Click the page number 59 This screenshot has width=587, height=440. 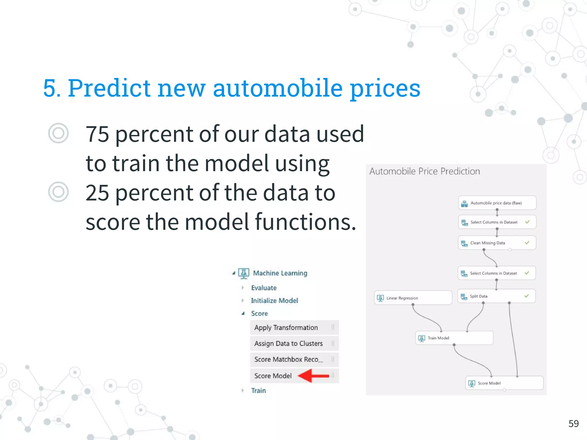[x=573, y=423]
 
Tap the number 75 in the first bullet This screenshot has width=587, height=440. [x=97, y=134]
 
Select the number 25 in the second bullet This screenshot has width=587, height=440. [x=97, y=193]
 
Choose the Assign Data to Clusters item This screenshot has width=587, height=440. [x=289, y=343]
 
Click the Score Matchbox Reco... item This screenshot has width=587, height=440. [x=289, y=360]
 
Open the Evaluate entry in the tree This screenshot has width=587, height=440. [x=264, y=288]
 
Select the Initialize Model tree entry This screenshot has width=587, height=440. [x=274, y=300]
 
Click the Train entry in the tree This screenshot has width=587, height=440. [x=258, y=390]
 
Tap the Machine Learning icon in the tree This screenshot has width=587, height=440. [x=244, y=273]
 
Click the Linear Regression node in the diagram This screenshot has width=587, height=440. [x=413, y=298]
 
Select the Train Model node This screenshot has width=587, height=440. [x=454, y=338]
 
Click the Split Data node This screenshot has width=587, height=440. [x=496, y=296]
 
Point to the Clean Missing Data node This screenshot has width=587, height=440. [x=497, y=243]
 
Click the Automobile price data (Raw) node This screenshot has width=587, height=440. [x=497, y=203]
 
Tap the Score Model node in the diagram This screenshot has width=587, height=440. [x=504, y=383]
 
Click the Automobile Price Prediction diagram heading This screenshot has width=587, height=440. [x=424, y=171]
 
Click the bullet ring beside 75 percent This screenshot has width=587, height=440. [x=58, y=133]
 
